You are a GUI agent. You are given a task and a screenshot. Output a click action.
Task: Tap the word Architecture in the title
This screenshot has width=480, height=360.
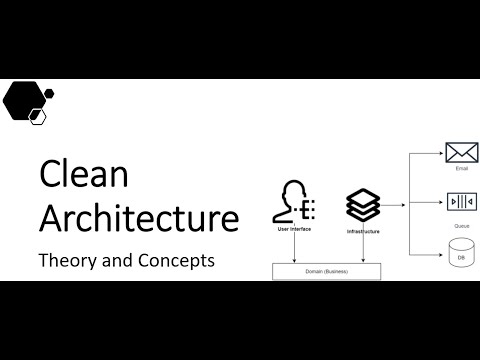pos(138,217)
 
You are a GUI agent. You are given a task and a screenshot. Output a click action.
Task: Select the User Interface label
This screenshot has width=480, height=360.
pos(297,229)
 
